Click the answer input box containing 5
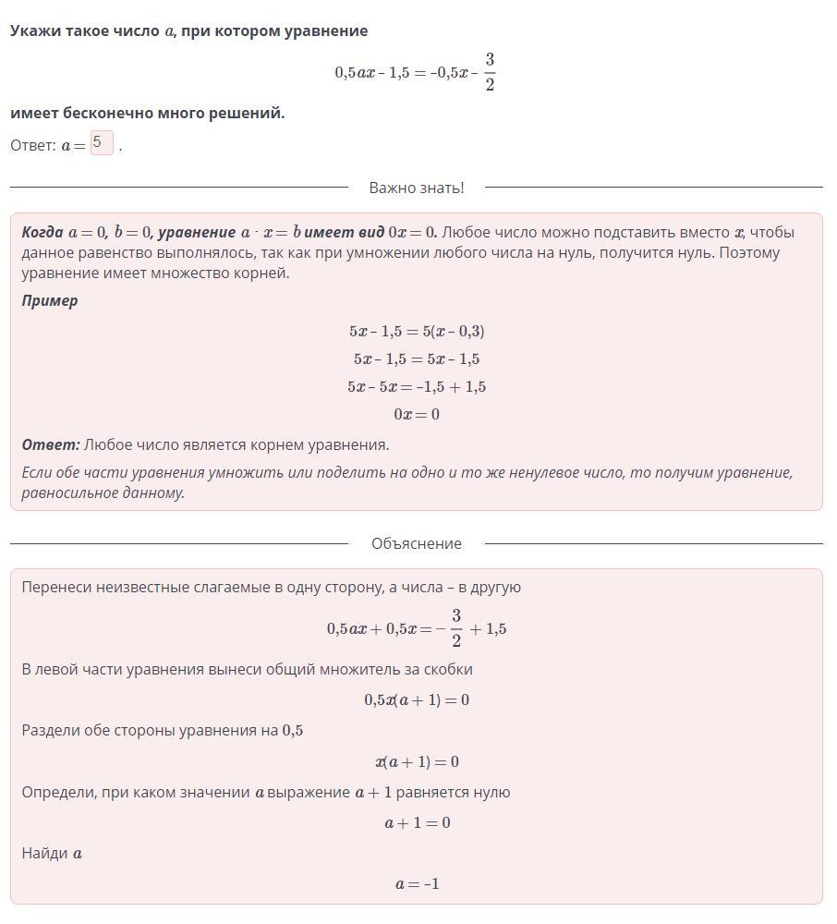point(102,144)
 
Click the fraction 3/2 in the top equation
point(490,72)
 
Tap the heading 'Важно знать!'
point(416,188)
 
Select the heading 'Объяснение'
point(416,543)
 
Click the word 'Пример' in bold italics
point(50,300)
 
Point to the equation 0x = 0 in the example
point(417,414)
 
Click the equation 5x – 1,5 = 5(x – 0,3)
point(417,331)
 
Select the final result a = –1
point(417,883)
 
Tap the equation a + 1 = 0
point(417,822)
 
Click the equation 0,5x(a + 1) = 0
point(417,699)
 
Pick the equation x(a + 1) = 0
point(417,761)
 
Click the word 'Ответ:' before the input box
point(33,146)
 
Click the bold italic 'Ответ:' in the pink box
point(51,444)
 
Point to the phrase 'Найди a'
point(52,853)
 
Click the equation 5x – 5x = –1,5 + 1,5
point(417,386)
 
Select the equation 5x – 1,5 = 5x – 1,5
point(417,359)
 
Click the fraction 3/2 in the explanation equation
point(456,628)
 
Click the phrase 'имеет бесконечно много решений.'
point(148,113)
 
